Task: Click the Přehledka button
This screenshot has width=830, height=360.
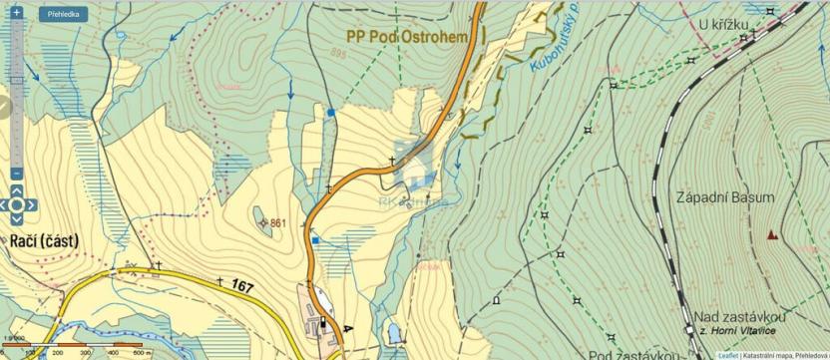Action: click(63, 15)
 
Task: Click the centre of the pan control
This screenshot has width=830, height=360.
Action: click(17, 205)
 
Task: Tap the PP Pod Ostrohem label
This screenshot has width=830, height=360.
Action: click(408, 35)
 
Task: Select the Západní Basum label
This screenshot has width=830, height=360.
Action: click(725, 197)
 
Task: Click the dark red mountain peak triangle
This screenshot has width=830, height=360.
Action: click(771, 235)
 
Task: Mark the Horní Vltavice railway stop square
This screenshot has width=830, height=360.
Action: click(689, 329)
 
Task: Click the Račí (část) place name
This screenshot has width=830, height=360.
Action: click(45, 240)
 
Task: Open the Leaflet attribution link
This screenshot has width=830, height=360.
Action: click(728, 355)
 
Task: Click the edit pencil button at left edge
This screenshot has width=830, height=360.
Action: click(4, 106)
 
